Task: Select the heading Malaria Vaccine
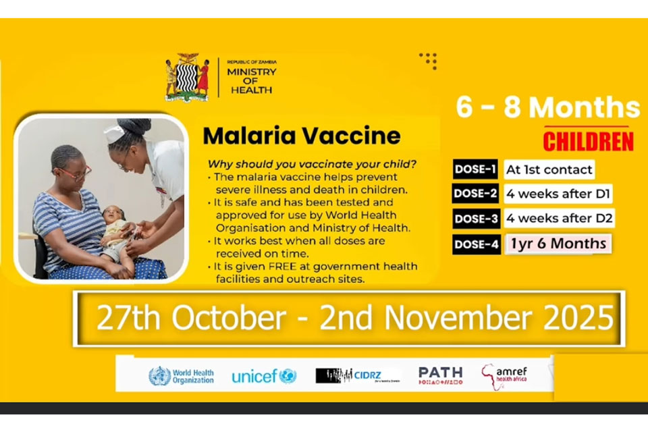(x=302, y=136)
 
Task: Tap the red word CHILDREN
(x=588, y=142)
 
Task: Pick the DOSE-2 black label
(x=476, y=194)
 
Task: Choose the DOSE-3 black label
(x=476, y=219)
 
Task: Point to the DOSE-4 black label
(x=476, y=244)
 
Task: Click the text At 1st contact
(x=549, y=170)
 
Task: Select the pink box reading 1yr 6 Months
(x=559, y=244)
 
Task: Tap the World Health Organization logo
(x=181, y=376)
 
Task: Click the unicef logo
(x=264, y=376)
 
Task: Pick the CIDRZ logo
(x=358, y=376)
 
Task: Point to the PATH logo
(x=440, y=375)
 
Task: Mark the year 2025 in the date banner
(x=580, y=318)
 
